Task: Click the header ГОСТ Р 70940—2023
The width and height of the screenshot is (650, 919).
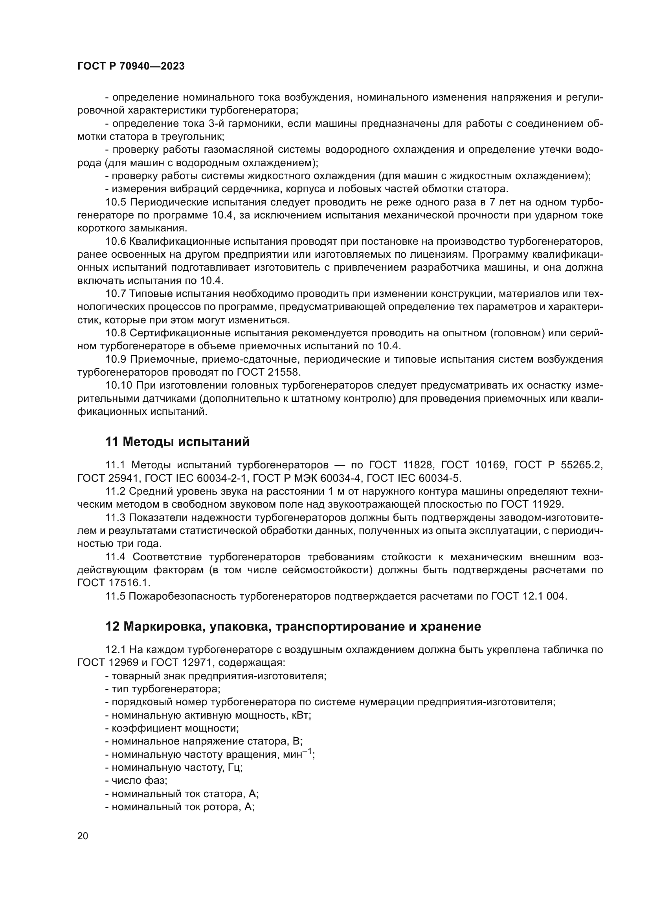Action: pos(131,66)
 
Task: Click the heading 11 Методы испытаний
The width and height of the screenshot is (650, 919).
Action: pos(177,442)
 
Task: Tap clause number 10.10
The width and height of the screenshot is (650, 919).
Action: pos(118,385)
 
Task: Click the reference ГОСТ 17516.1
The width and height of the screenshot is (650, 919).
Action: pos(114,583)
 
